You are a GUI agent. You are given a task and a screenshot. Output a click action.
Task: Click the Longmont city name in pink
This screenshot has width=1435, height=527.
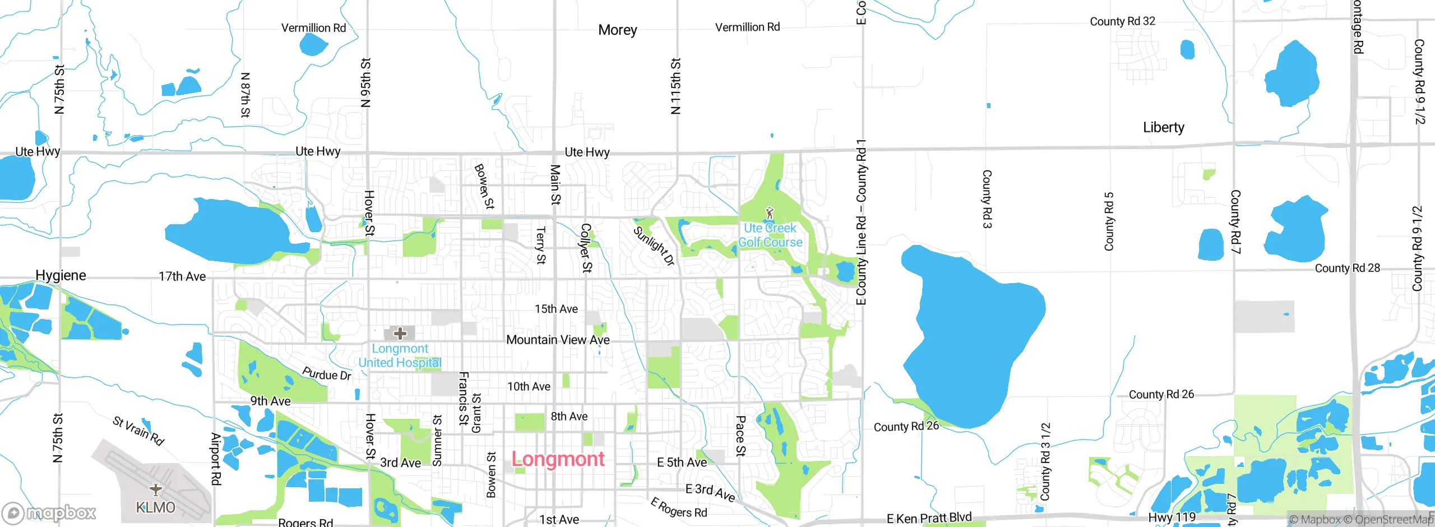pyautogui.click(x=558, y=460)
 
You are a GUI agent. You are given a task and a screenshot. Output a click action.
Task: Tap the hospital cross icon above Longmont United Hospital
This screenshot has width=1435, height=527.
pyautogui.click(x=400, y=334)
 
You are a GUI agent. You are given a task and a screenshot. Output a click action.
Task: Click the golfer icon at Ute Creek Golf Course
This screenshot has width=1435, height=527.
pyautogui.click(x=770, y=214)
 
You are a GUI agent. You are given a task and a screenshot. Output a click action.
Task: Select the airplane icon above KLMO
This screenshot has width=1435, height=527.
pyautogui.click(x=156, y=489)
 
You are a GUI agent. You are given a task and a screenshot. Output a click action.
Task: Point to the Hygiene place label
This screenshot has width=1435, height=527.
pyautogui.click(x=61, y=275)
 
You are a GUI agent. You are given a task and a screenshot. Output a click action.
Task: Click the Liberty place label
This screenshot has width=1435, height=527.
pyautogui.click(x=1164, y=128)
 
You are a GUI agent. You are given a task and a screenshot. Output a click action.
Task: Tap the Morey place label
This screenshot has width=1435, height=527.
pyautogui.click(x=617, y=30)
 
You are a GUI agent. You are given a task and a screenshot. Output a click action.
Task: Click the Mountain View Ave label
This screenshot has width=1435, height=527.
pyautogui.click(x=558, y=340)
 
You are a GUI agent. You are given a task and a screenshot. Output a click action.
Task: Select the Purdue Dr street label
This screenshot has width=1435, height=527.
pyautogui.click(x=327, y=374)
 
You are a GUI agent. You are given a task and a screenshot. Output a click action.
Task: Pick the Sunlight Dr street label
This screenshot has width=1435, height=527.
pyautogui.click(x=654, y=246)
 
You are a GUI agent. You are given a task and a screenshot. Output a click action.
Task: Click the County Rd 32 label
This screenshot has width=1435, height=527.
pyautogui.click(x=1122, y=21)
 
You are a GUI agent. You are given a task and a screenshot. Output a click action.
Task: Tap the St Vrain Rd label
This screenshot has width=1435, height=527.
pyautogui.click(x=138, y=431)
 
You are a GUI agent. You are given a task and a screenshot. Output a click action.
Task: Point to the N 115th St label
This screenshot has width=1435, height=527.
pyautogui.click(x=675, y=86)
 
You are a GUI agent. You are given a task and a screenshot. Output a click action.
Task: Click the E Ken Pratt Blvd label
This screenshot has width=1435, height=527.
pyautogui.click(x=929, y=518)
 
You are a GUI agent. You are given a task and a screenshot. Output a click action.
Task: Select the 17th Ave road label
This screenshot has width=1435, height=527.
pyautogui.click(x=182, y=276)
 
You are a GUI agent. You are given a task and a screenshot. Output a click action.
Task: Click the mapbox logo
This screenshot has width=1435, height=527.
pyautogui.click(x=49, y=512)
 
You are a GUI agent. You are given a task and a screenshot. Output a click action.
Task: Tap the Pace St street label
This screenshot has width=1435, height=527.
pyautogui.click(x=740, y=436)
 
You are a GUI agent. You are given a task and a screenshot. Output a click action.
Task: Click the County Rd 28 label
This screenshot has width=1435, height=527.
pyautogui.click(x=1347, y=268)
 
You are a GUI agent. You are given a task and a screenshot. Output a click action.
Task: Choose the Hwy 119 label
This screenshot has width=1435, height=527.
pyautogui.click(x=1172, y=517)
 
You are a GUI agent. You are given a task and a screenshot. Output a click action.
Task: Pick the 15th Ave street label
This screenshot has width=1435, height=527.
pyautogui.click(x=556, y=309)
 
